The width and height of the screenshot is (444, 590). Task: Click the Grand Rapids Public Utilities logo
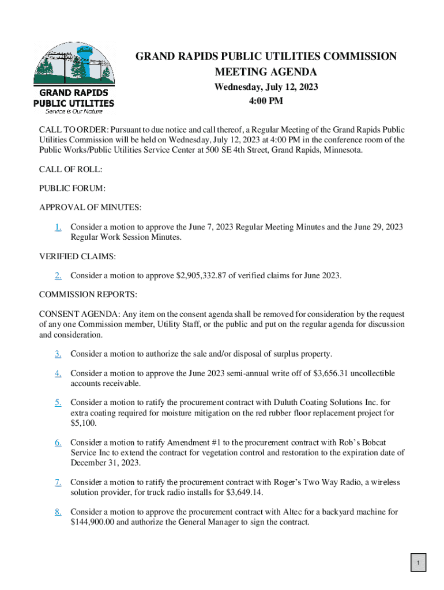[74, 77]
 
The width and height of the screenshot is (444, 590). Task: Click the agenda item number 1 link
[58, 227]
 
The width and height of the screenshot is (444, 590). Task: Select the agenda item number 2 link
[58, 275]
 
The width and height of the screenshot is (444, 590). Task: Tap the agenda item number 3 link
[58, 354]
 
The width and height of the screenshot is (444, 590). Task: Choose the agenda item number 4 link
[58, 373]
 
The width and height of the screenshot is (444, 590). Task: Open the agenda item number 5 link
[58, 402]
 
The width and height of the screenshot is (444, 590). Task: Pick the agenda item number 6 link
[58, 442]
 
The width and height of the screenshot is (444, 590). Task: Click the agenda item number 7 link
[58, 482]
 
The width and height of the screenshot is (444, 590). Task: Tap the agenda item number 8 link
[58, 512]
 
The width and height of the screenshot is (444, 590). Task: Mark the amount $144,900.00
[95, 522]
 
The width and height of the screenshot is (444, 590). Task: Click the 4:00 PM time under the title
[266, 101]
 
